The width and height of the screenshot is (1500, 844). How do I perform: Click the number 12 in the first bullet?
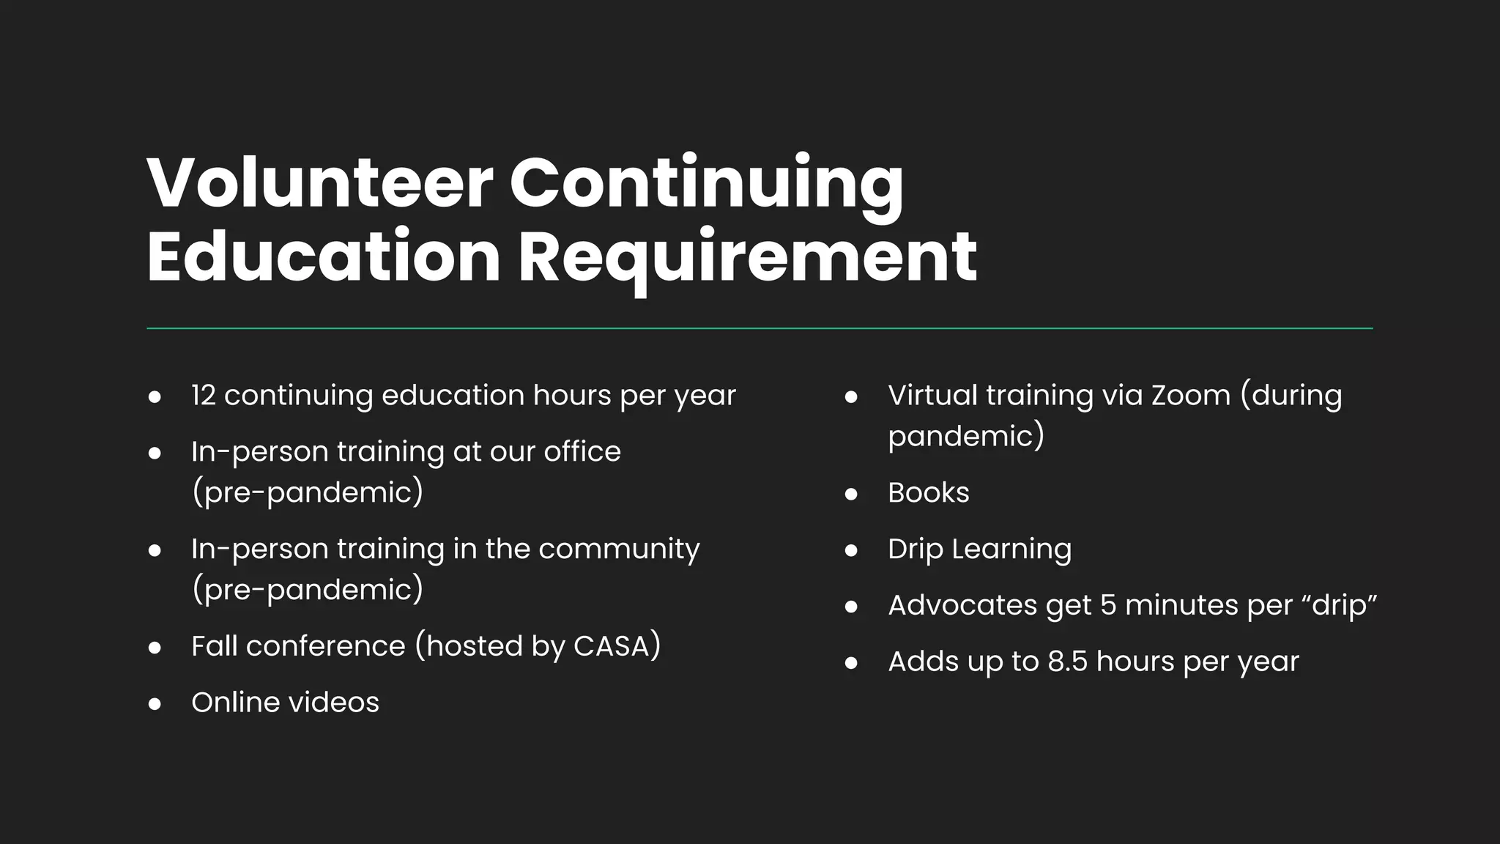click(203, 396)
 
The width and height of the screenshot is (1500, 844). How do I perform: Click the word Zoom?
click(1190, 396)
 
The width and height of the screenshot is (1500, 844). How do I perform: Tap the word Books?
click(928, 493)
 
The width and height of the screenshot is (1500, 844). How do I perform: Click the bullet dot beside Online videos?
click(155, 704)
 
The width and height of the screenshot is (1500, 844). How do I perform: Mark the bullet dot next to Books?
click(851, 495)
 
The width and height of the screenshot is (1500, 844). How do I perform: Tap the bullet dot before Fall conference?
click(155, 648)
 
